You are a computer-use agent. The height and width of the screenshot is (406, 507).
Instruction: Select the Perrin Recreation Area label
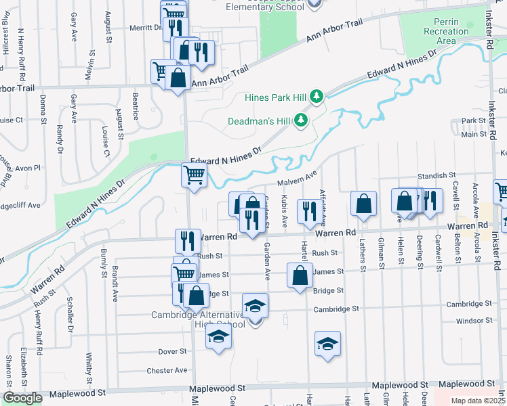[446, 31]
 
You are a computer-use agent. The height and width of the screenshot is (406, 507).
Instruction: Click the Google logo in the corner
[22, 398]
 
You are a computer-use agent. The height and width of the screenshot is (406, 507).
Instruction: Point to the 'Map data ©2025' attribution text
[479, 401]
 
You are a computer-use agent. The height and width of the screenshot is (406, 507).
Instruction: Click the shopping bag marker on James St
[300, 275]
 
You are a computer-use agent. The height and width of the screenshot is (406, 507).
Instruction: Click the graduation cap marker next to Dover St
[218, 336]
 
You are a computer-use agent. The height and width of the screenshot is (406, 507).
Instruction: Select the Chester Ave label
[167, 370]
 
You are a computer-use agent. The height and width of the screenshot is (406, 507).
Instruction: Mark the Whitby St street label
[89, 366]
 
